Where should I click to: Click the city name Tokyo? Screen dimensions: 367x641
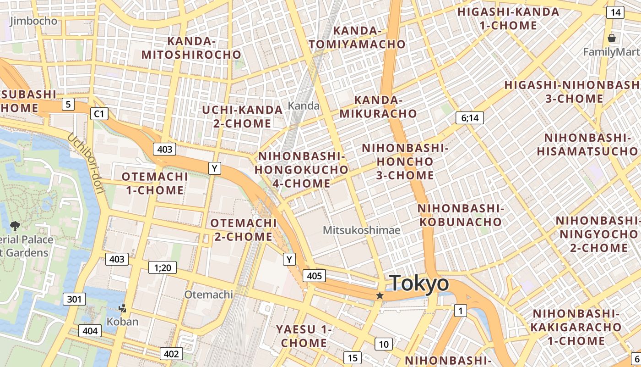[419, 283]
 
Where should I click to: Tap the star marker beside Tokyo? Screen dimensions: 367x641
[380, 296]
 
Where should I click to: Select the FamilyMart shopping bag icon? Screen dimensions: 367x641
[611, 38]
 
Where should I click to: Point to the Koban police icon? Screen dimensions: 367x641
[122, 309]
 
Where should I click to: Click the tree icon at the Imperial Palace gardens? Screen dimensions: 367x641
[15, 226]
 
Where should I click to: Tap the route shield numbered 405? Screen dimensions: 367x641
[315, 276]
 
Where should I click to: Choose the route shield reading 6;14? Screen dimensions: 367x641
[470, 118]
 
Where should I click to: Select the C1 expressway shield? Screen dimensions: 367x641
[99, 113]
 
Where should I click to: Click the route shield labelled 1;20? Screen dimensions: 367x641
[163, 267]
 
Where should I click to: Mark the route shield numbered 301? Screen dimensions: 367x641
[74, 300]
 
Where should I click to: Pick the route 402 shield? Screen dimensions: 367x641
[171, 354]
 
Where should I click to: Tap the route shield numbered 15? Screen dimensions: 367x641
[352, 358]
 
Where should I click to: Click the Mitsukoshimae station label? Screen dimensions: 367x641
[362, 230]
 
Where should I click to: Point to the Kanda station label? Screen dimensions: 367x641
[304, 106]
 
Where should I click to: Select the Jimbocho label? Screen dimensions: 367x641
[33, 21]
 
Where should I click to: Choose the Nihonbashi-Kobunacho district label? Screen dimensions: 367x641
[460, 215]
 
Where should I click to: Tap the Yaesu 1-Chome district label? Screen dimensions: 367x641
[304, 336]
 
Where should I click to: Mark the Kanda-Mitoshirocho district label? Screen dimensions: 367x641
[191, 48]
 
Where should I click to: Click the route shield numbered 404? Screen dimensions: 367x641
[90, 331]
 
